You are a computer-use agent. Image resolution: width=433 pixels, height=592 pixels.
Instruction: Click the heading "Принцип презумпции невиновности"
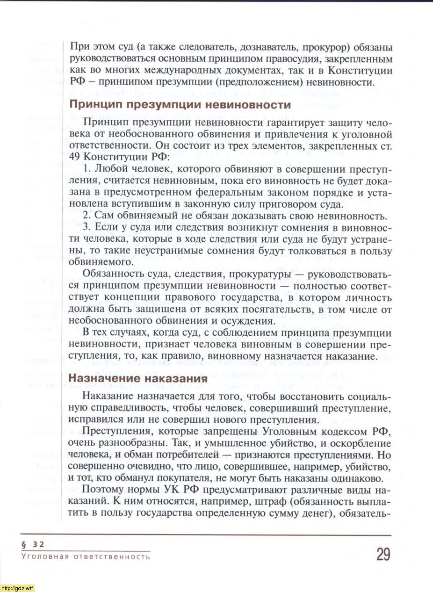coord(180,104)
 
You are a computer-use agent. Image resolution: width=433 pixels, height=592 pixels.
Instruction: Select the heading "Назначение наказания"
coord(138,379)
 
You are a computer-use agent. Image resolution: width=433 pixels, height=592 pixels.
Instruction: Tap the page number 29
coord(382,554)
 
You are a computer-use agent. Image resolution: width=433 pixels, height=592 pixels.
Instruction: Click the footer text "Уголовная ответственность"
coord(86,557)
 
